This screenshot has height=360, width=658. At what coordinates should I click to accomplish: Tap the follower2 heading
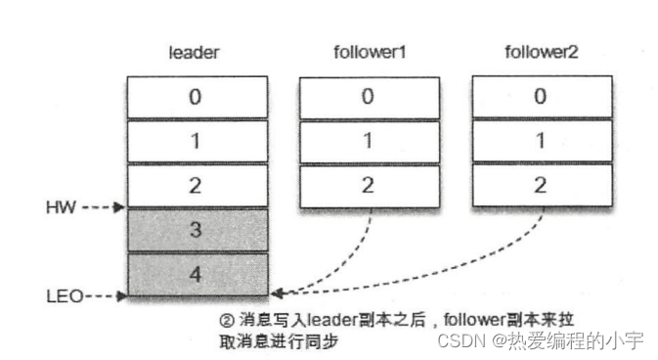click(x=541, y=52)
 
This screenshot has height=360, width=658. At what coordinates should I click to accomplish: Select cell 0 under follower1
click(x=366, y=97)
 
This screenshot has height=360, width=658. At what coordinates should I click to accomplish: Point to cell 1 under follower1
click(x=366, y=141)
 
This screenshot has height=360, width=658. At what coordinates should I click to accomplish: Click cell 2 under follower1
click(x=366, y=186)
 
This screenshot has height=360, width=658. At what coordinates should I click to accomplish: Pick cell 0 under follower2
click(x=541, y=97)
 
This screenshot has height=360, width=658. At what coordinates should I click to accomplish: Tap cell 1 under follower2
click(x=541, y=141)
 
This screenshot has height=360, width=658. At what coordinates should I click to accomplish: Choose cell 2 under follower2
click(x=541, y=186)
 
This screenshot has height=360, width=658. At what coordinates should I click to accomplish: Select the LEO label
click(x=62, y=294)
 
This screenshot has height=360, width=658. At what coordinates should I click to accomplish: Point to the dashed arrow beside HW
click(x=103, y=207)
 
